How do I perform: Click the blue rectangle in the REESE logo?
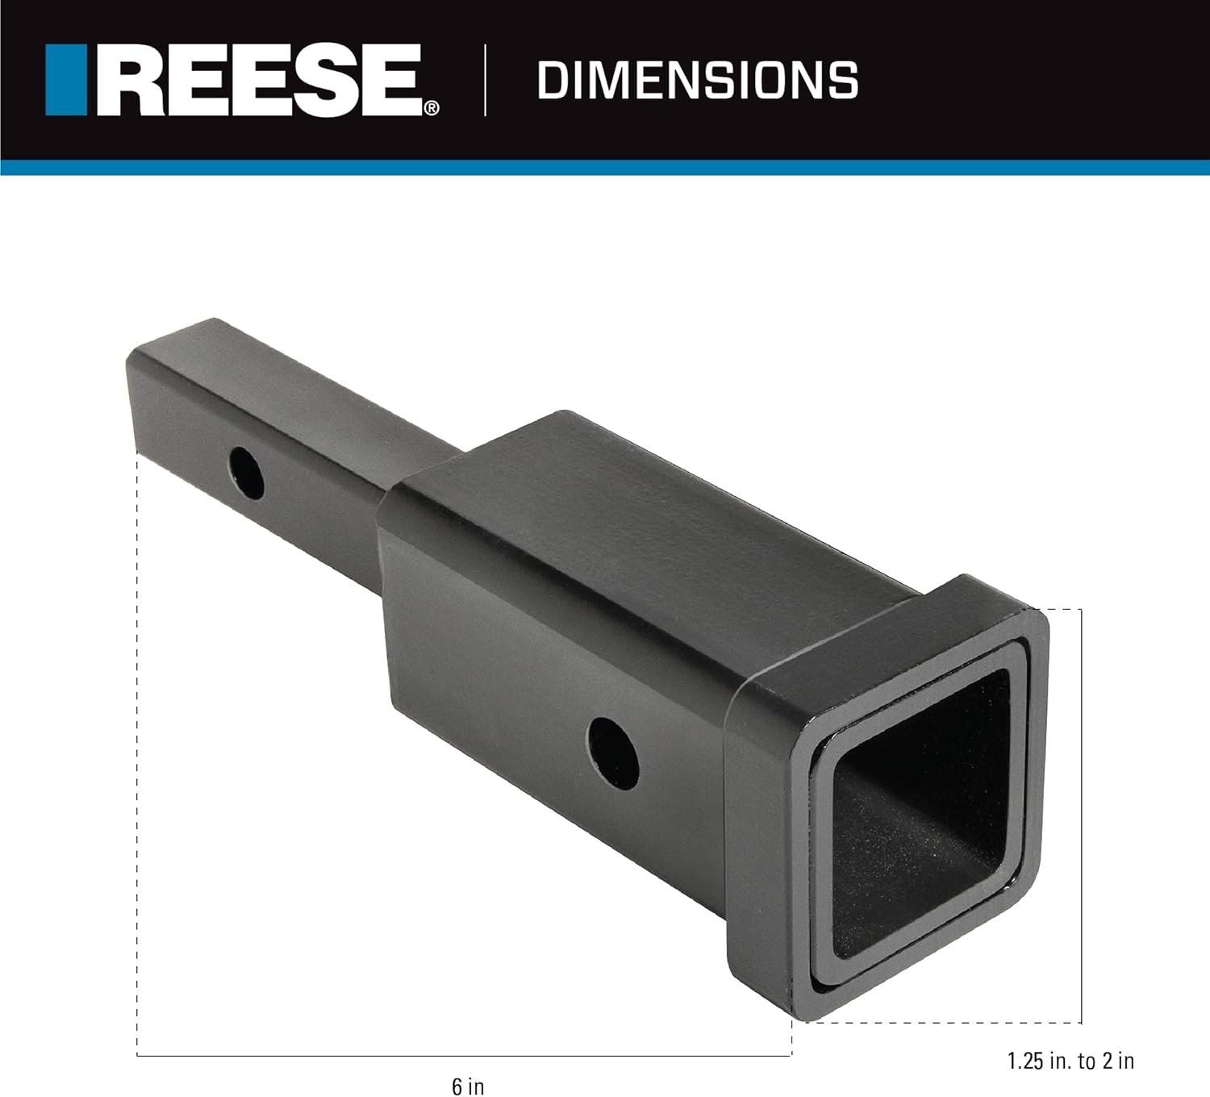(65, 79)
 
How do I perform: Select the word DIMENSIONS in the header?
(697, 81)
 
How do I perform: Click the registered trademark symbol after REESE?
(433, 108)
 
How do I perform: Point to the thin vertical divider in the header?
(485, 81)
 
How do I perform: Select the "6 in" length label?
(468, 1086)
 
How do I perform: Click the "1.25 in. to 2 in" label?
(1070, 1061)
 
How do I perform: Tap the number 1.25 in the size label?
(1026, 1061)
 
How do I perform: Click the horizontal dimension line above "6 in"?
(464, 1055)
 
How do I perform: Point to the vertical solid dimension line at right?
(1081, 815)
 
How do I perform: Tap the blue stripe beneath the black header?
(605, 167)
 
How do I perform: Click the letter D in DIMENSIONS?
(550, 81)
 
